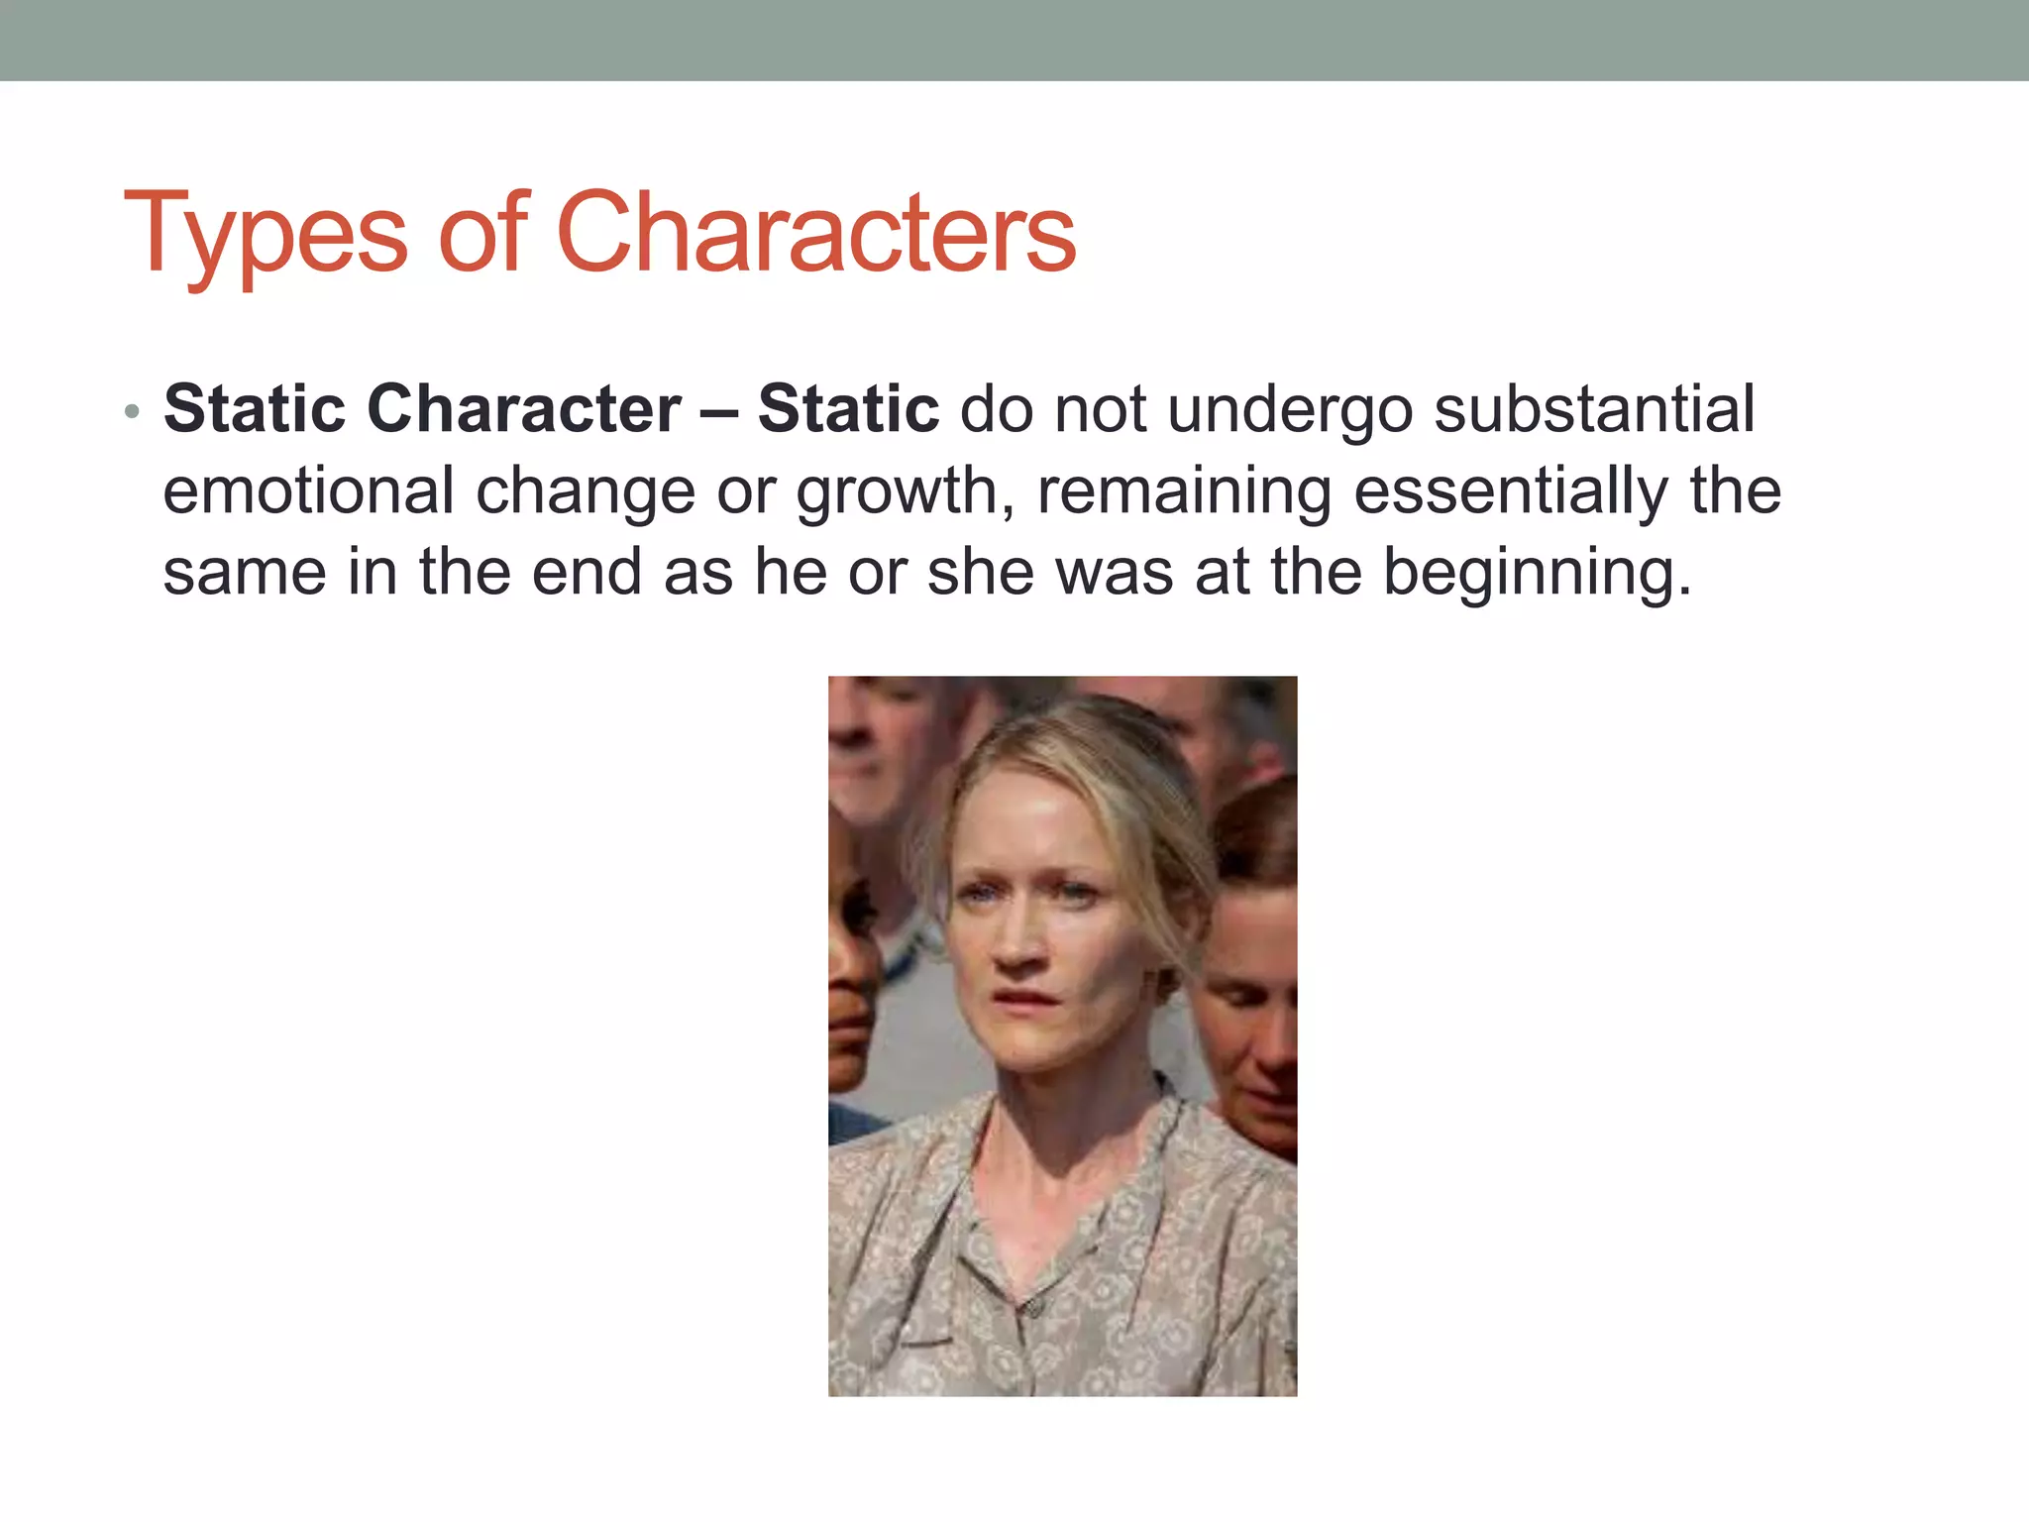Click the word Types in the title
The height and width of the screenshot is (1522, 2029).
(x=265, y=234)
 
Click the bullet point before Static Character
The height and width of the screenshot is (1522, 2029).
(x=133, y=411)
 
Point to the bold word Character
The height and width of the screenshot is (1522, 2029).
(x=524, y=408)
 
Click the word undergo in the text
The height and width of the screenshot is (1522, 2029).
(x=1291, y=410)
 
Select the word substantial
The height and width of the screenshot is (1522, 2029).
(x=1594, y=408)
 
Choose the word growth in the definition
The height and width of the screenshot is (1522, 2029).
(x=901, y=492)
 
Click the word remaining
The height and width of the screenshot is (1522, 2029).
(x=1184, y=492)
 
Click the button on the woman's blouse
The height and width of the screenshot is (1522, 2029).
(x=1032, y=1310)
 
